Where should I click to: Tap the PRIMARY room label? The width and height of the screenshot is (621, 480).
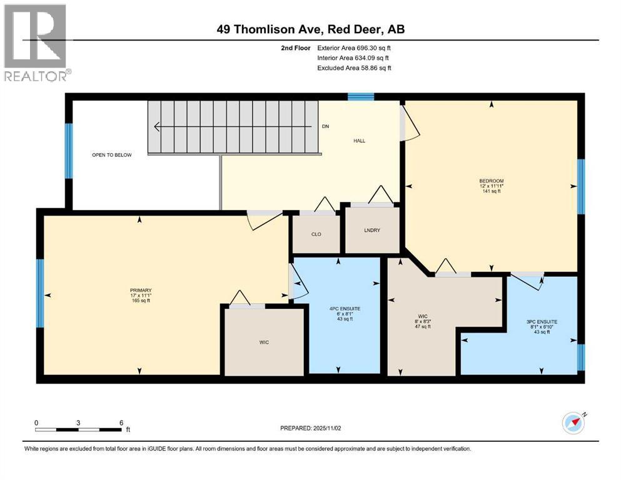pyautogui.click(x=141, y=290)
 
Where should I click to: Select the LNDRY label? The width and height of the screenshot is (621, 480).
pyautogui.click(x=372, y=231)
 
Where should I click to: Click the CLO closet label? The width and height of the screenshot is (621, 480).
pyautogui.click(x=316, y=234)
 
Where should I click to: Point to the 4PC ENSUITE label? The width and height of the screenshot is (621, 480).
pyautogui.click(x=345, y=309)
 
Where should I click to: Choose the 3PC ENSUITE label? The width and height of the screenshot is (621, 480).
pyautogui.click(x=542, y=322)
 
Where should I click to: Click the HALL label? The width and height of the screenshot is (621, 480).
pyautogui.click(x=359, y=141)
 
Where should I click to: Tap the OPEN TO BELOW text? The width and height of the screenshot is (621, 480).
pyautogui.click(x=112, y=155)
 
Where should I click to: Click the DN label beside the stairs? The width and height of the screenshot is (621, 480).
pyautogui.click(x=325, y=127)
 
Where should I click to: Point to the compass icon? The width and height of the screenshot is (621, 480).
pyautogui.click(x=573, y=423)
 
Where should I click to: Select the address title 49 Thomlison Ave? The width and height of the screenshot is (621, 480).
pyautogui.click(x=310, y=29)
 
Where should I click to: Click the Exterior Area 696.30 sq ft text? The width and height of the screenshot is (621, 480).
pyautogui.click(x=354, y=47)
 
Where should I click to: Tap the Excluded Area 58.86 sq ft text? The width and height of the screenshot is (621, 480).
pyautogui.click(x=354, y=67)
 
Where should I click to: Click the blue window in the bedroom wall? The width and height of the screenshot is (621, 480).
pyautogui.click(x=580, y=186)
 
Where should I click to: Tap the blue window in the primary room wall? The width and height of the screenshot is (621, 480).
pyautogui.click(x=40, y=293)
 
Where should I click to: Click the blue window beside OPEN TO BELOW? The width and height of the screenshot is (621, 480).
pyautogui.click(x=69, y=151)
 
